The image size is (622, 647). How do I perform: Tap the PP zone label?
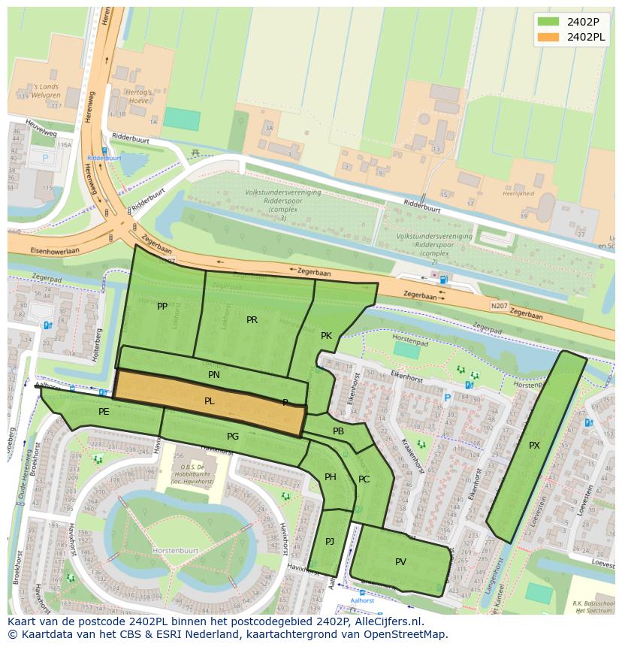(x=162, y=307)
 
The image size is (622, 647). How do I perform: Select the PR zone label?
(x=252, y=320)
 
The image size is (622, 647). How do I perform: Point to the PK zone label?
(x=326, y=336)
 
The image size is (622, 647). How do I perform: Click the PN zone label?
(x=214, y=374)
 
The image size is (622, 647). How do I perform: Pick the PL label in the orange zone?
(x=210, y=401)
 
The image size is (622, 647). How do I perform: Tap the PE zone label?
(x=104, y=412)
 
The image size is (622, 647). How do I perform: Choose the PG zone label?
(x=233, y=437)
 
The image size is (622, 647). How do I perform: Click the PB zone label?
(x=338, y=431)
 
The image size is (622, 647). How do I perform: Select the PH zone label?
(x=331, y=477)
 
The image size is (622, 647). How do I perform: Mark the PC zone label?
(x=364, y=479)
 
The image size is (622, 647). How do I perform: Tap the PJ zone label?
(x=330, y=542)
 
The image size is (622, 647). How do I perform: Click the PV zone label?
(x=400, y=562)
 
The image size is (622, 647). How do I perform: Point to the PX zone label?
(x=534, y=446)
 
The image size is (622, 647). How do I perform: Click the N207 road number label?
(x=499, y=306)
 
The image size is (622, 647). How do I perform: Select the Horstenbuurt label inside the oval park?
(x=175, y=550)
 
